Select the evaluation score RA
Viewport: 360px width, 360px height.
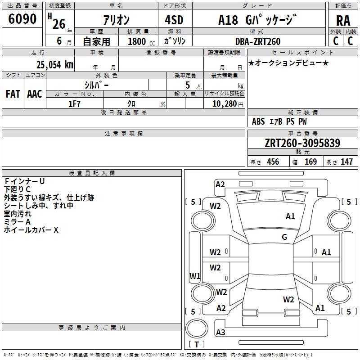tap(343, 21)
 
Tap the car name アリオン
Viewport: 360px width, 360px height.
tap(117, 20)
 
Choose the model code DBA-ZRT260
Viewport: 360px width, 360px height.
tap(258, 41)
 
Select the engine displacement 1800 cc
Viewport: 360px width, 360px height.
tap(140, 41)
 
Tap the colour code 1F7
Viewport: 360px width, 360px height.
tap(74, 103)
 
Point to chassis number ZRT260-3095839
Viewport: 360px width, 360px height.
tap(302, 144)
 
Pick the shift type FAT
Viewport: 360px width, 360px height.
tap(13, 94)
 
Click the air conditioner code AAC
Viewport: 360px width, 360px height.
tap(35, 94)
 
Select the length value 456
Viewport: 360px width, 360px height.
tap(273, 162)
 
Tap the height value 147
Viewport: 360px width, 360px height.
tap(346, 162)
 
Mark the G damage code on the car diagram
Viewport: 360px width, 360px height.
tap(284, 237)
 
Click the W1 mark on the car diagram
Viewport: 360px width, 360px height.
tap(195, 276)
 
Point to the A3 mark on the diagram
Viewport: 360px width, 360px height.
tap(220, 333)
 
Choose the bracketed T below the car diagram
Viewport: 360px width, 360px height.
tap(197, 345)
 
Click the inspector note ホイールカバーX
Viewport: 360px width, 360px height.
tap(31, 230)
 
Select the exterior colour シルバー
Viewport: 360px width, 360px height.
tap(96, 85)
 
